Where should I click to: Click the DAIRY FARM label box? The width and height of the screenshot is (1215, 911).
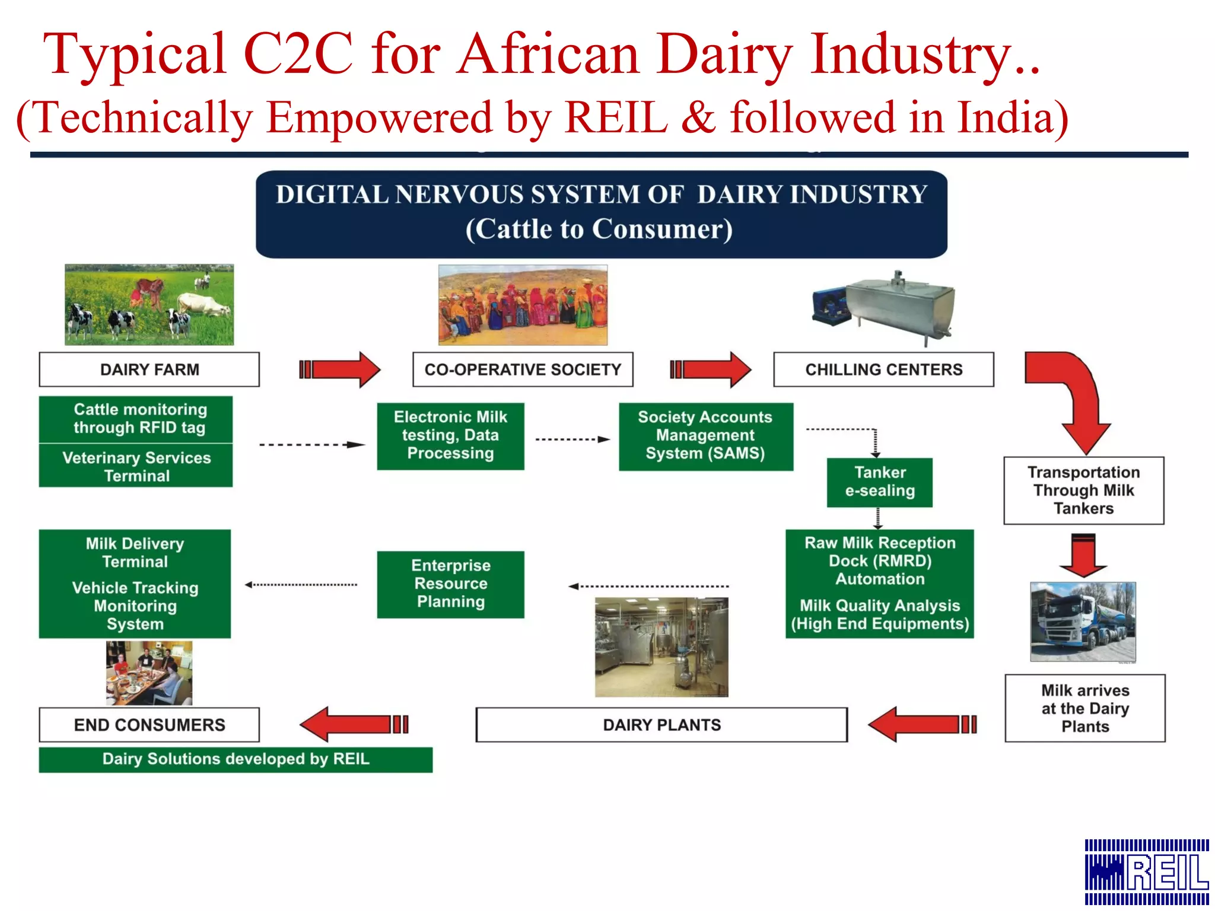pos(149,370)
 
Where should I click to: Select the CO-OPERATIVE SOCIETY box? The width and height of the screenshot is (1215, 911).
pos(523,370)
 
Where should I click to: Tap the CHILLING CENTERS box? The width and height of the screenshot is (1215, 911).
pos(883,370)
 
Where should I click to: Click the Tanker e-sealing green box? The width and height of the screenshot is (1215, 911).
pos(879,482)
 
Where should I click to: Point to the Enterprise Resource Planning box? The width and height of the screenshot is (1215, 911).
pos(450,584)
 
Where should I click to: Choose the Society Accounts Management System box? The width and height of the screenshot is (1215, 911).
pos(705,436)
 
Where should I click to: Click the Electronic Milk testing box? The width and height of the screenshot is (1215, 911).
pos(450,436)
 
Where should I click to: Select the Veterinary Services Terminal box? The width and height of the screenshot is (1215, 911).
pos(136,467)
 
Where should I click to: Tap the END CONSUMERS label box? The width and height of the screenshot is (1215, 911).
pos(149,725)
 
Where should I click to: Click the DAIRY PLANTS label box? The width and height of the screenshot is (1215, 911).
pos(661,725)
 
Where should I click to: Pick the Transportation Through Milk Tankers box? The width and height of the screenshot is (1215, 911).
pos(1083,490)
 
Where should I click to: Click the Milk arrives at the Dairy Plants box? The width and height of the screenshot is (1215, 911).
pos(1084,708)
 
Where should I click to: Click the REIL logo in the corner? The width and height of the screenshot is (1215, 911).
pos(1146,871)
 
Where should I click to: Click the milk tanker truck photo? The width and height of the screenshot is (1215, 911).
pos(1083,622)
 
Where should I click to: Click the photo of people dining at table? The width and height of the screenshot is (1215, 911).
pos(149,673)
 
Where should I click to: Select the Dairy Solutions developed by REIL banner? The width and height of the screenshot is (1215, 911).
pos(236,759)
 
